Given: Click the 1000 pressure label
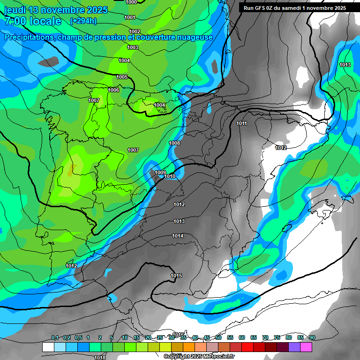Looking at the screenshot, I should click(132, 2).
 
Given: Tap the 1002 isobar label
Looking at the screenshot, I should click(135, 32).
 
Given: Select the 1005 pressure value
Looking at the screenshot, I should click(122, 77).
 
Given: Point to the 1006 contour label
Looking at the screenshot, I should click(113, 90).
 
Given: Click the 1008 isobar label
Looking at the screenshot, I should click(174, 143).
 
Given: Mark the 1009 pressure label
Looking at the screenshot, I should click(160, 172).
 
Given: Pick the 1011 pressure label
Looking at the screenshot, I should click(242, 123).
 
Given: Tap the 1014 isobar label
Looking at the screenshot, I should click(178, 236).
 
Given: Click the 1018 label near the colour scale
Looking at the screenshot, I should click(100, 358).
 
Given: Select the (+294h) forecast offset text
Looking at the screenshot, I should click(83, 21).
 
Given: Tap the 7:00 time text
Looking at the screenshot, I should click(15, 21).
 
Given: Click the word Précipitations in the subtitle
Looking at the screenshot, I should click(29, 37).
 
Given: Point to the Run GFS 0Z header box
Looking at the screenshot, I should click(295, 8).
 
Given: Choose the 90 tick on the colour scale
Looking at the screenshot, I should click(312, 337).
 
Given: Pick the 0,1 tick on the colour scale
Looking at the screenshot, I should click(54, 337).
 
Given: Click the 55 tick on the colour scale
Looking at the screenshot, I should click(230, 337).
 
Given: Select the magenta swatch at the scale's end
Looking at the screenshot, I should click(306, 347).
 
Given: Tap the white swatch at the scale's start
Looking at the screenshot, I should click(48, 347).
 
